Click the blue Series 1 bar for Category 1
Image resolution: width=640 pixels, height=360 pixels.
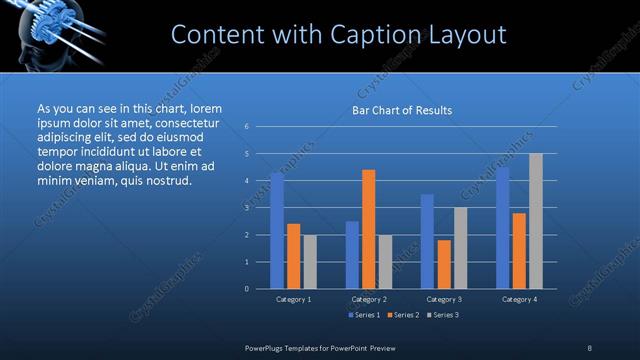(277, 230)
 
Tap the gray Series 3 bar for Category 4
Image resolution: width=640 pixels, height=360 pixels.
(536, 221)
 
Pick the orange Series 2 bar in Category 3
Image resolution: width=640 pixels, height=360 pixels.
(444, 264)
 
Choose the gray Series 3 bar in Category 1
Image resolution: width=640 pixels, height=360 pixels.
(310, 262)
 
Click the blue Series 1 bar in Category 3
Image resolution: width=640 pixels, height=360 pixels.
(427, 241)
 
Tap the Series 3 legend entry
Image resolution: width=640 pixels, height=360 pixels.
(444, 315)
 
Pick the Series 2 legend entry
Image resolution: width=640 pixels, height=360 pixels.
(403, 315)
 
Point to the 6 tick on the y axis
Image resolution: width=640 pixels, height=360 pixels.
(246, 127)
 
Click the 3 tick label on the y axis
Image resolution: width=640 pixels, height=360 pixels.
(246, 208)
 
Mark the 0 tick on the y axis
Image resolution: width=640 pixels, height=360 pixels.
(246, 289)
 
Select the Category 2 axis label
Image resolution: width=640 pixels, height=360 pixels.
(369, 299)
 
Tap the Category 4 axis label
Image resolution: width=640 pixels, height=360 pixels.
(519, 299)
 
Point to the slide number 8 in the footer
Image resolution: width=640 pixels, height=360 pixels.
(590, 347)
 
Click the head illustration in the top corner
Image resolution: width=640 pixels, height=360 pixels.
(35, 35)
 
